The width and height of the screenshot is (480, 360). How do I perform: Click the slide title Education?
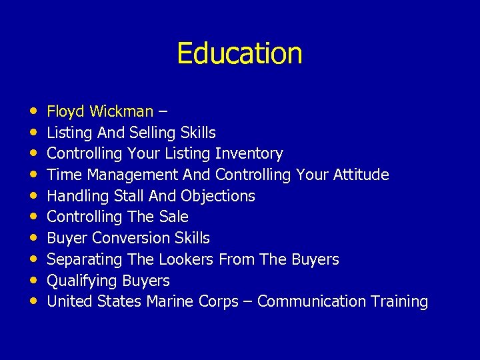click(x=239, y=53)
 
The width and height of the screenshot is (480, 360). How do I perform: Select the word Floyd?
click(x=65, y=111)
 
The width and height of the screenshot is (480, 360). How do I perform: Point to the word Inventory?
click(x=249, y=154)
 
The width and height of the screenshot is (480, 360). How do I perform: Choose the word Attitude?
click(x=360, y=175)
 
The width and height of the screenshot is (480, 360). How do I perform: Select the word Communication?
click(x=310, y=302)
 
